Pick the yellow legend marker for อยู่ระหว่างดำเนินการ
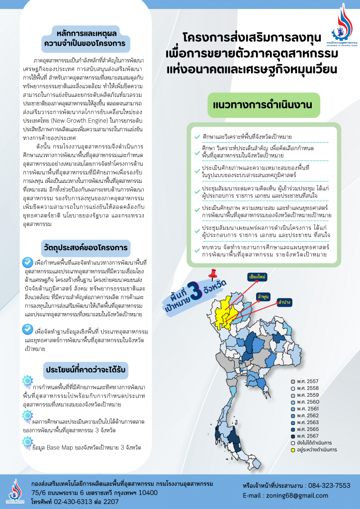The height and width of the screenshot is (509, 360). click(293, 449)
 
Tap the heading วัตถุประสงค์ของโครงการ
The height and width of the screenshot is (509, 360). click(85, 247)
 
